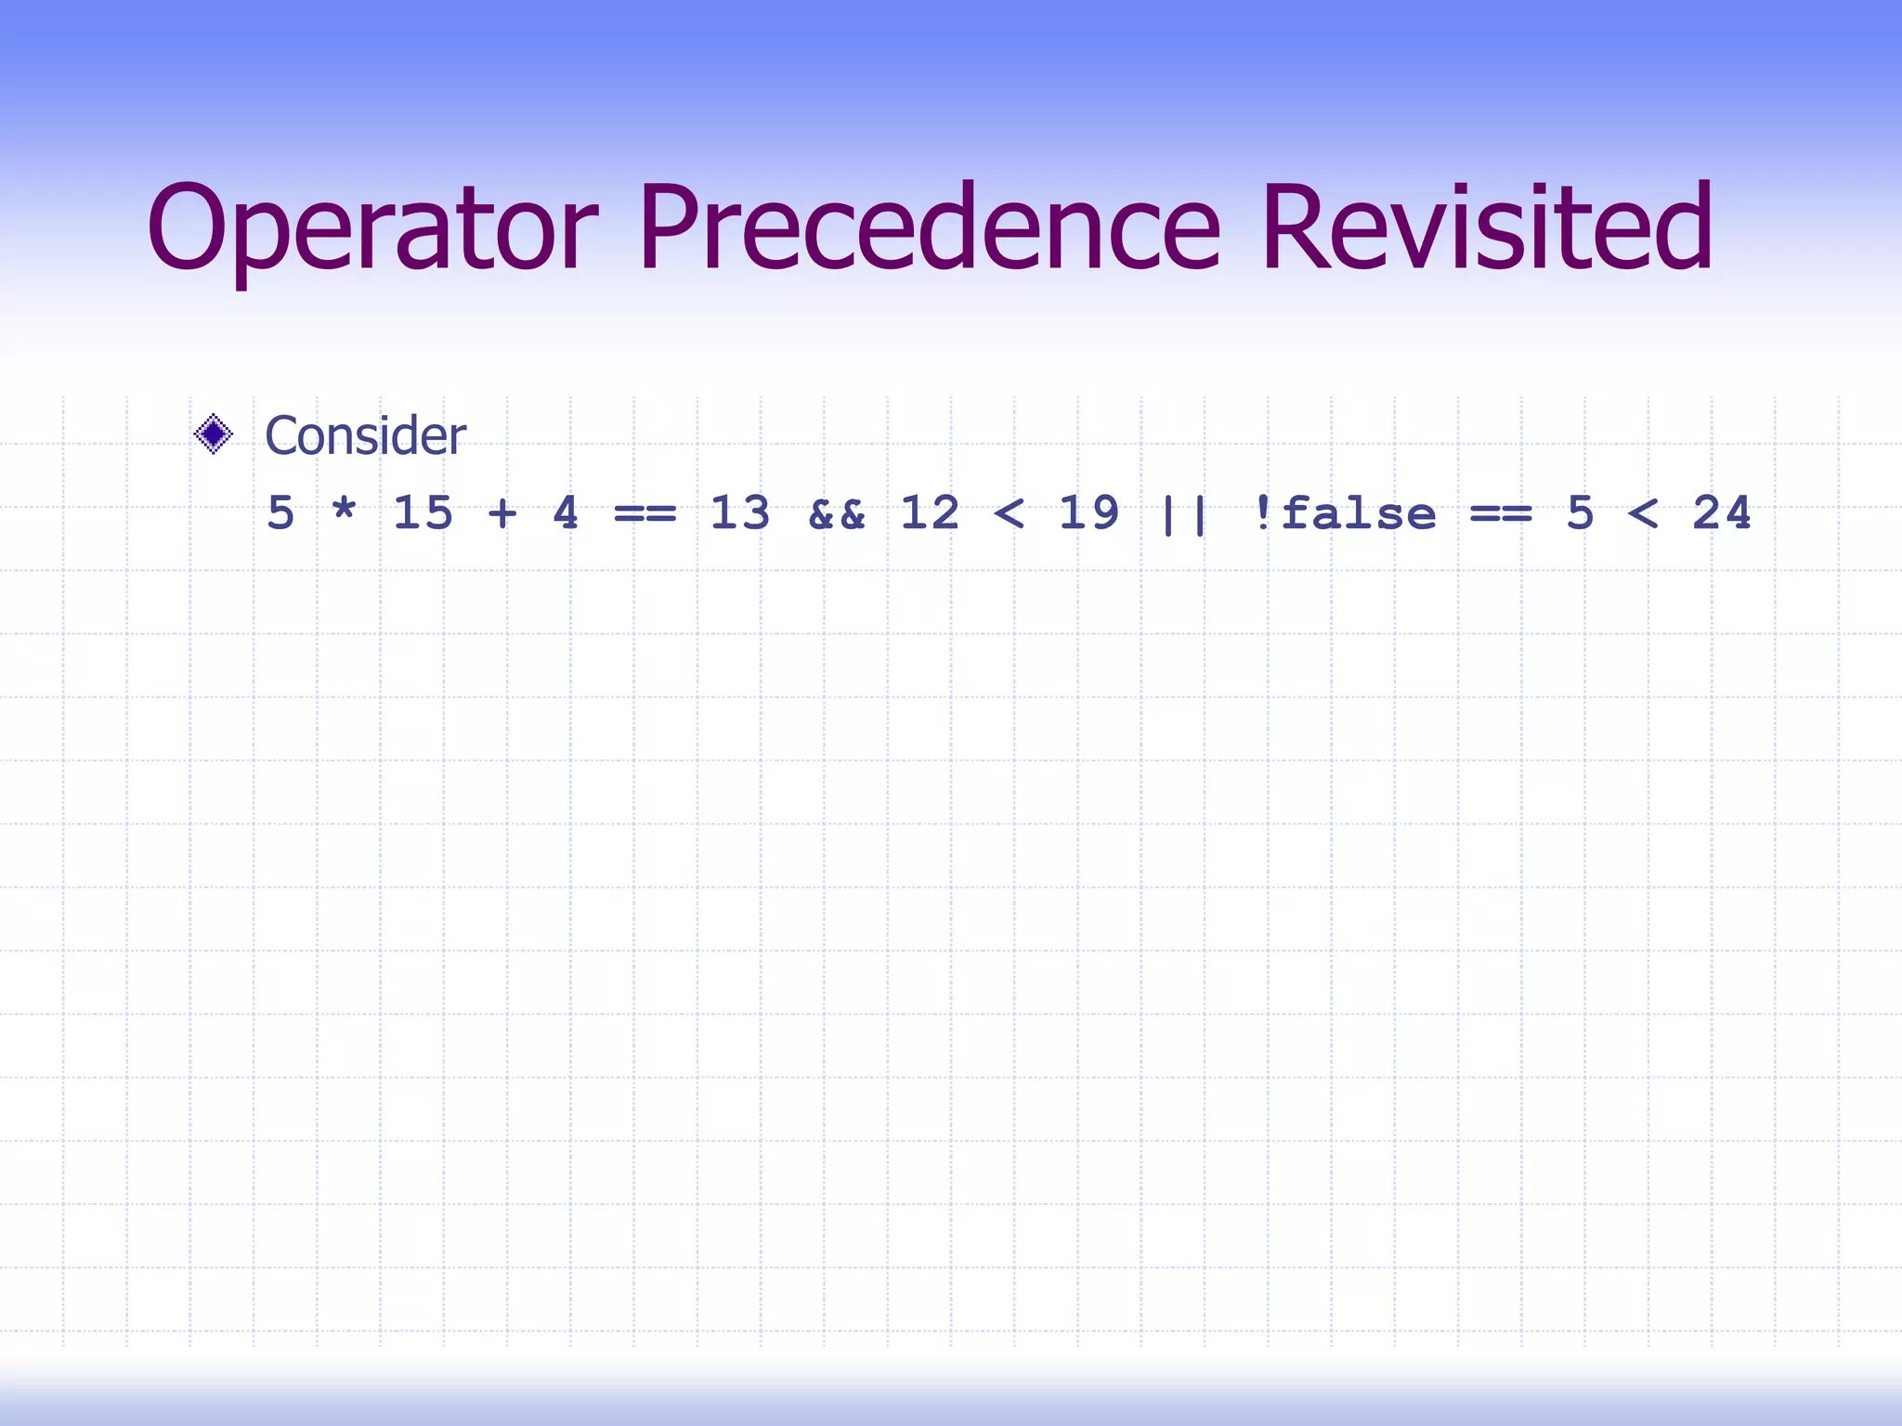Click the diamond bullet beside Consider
[x=214, y=434]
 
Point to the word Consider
[x=365, y=435]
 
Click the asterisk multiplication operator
[x=344, y=512]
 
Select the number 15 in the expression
[x=423, y=513]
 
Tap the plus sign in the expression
[x=502, y=513]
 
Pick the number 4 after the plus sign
[x=566, y=513]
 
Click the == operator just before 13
[x=645, y=513]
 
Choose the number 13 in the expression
[x=739, y=513]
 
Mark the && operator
[x=836, y=513]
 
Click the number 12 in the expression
[x=930, y=513]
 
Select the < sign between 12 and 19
[x=1009, y=513]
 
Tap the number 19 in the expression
[x=1088, y=513]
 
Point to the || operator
[x=1183, y=515]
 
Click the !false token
[x=1343, y=513]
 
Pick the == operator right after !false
[x=1501, y=513]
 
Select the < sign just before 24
[x=1643, y=513]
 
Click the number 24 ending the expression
[x=1722, y=513]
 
